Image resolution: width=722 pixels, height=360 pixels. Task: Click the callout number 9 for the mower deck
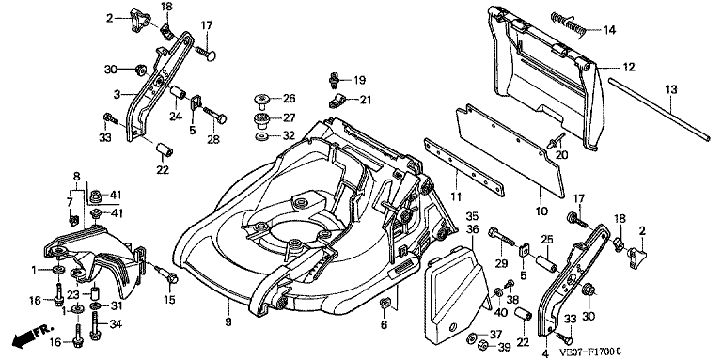click(228, 322)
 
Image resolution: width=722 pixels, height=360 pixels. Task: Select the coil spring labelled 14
click(567, 23)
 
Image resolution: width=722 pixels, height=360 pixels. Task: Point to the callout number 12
click(629, 68)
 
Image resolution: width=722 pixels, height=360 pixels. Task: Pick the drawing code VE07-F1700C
click(590, 352)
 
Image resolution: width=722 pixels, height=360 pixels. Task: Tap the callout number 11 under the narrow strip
click(456, 197)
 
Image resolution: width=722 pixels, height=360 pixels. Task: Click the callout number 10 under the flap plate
click(541, 211)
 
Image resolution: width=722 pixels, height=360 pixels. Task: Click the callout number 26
click(290, 99)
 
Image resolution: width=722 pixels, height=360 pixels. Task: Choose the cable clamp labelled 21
click(337, 101)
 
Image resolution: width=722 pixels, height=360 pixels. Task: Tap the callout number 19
click(360, 80)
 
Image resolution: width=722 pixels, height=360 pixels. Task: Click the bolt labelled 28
click(214, 115)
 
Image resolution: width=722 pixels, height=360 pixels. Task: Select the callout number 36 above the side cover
click(472, 227)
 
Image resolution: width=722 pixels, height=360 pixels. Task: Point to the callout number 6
click(384, 325)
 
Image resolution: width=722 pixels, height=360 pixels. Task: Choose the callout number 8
click(76, 177)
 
